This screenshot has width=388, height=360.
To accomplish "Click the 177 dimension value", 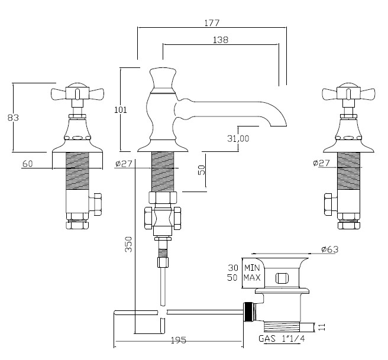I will click(x=211, y=23).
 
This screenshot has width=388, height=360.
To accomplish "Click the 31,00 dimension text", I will click(x=238, y=138).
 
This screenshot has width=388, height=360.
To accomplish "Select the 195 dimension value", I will click(x=178, y=340).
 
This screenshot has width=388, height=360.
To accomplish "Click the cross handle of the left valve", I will click(x=76, y=93).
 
